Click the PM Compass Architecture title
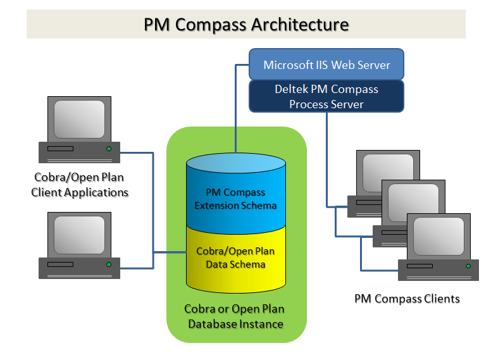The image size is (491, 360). coord(246,24)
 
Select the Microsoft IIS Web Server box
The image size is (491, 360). coord(326,65)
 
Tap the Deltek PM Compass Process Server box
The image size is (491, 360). coord(326,96)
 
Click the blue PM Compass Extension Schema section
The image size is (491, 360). coord(235,199)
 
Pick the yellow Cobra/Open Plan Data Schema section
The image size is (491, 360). coord(235,258)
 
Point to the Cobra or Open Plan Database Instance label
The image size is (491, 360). coord(235,316)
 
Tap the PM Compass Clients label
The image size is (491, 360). coord(407,298)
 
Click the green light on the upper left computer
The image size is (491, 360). coord(109,149)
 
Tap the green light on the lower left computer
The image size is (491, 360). coord(109,264)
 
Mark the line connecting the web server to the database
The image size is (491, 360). coord(235,108)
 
